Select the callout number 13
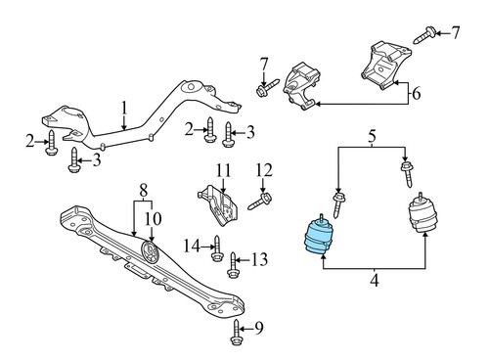pos(259,259)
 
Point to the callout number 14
pos(192,244)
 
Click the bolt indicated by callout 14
pos(217,245)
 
